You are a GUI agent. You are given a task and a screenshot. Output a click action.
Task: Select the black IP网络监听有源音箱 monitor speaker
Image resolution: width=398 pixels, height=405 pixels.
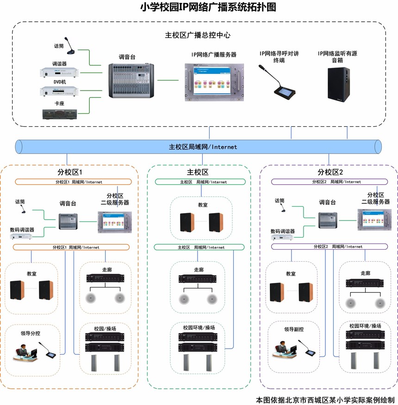click(x=339, y=84)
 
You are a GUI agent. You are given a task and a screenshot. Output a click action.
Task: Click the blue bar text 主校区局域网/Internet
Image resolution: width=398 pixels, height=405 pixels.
click(x=203, y=147)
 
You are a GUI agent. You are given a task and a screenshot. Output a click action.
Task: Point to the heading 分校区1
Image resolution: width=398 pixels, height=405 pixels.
click(x=70, y=172)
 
